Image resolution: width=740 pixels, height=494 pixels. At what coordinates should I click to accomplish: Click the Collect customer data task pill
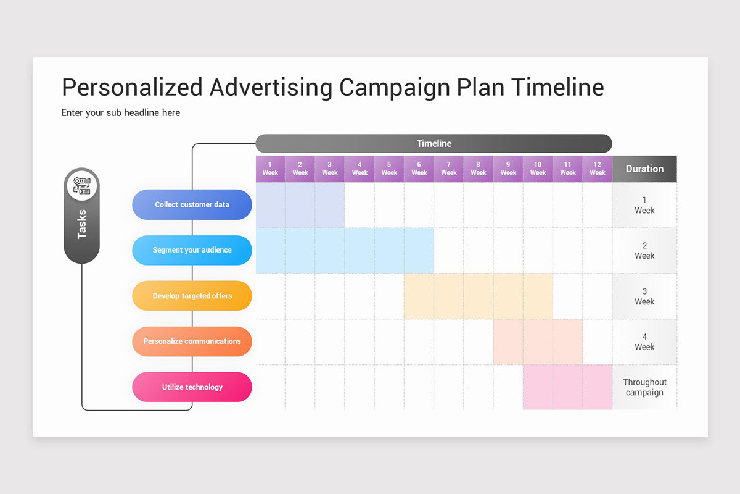pyautogui.click(x=192, y=204)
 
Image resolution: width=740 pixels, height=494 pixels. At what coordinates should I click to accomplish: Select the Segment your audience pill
pyautogui.click(x=192, y=250)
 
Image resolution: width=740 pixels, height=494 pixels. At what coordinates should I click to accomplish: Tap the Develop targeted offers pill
pyautogui.click(x=192, y=296)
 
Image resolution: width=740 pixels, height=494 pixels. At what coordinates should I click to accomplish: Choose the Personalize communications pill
pyautogui.click(x=192, y=341)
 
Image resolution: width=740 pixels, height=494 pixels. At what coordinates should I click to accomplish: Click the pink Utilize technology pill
pyautogui.click(x=192, y=387)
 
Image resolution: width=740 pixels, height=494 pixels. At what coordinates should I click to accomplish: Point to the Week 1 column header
pyautogui.click(x=270, y=169)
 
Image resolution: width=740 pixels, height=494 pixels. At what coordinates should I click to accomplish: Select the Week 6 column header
pyautogui.click(x=419, y=169)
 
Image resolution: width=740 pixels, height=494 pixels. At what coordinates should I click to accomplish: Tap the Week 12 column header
pyautogui.click(x=597, y=169)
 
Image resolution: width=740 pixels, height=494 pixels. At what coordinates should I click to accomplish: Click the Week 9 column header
pyautogui.click(x=508, y=169)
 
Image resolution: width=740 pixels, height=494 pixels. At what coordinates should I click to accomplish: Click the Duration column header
pyautogui.click(x=644, y=169)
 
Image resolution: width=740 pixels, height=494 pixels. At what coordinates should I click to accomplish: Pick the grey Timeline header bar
pyautogui.click(x=434, y=143)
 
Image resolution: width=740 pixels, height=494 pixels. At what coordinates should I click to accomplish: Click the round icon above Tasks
pyautogui.click(x=81, y=185)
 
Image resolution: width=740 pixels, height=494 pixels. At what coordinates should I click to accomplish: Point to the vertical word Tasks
pyautogui.click(x=81, y=224)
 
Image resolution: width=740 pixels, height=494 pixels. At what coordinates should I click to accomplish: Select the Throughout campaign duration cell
pyautogui.click(x=644, y=387)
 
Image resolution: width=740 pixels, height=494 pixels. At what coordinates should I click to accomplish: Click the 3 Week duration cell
pyautogui.click(x=644, y=296)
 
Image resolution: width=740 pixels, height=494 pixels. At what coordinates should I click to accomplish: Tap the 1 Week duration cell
pyautogui.click(x=644, y=205)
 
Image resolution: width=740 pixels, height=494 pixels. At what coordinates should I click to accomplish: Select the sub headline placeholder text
pyautogui.click(x=121, y=112)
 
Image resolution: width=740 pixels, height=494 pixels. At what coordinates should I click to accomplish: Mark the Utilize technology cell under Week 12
pyautogui.click(x=597, y=387)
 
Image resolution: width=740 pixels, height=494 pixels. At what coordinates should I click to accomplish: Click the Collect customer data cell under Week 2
pyautogui.click(x=300, y=205)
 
